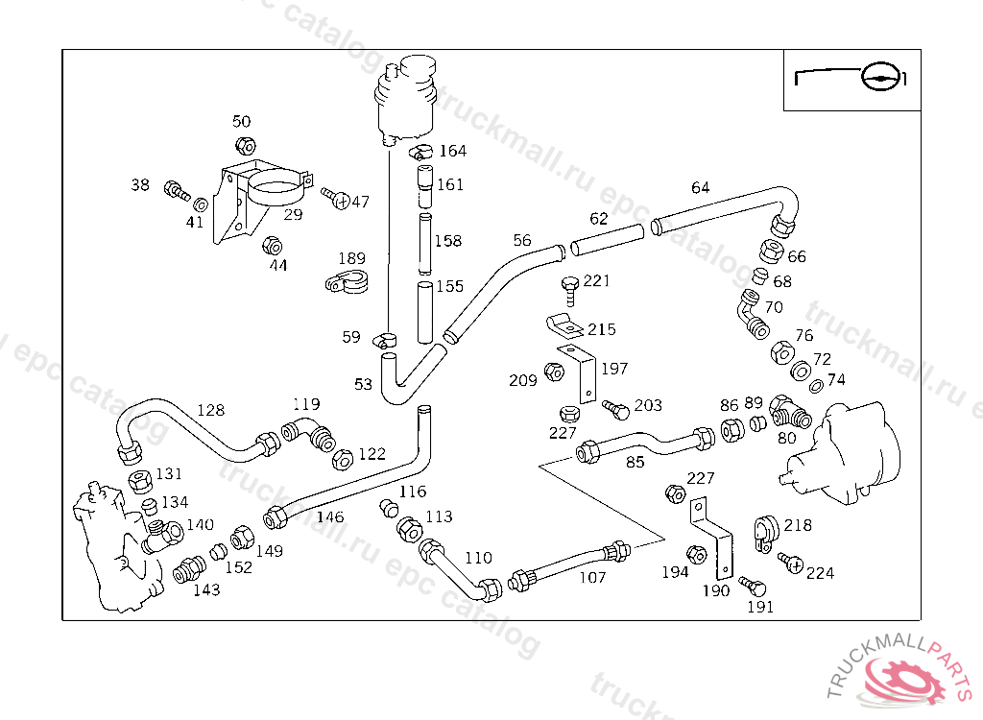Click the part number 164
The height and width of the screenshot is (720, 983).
click(x=452, y=151)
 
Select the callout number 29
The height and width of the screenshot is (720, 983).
click(x=293, y=214)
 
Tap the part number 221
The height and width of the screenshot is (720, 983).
click(x=597, y=281)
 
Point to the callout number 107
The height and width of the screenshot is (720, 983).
click(x=592, y=578)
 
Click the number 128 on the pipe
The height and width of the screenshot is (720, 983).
click(x=210, y=410)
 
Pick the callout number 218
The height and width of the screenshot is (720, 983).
click(x=798, y=525)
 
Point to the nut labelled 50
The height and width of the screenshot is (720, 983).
click(x=245, y=145)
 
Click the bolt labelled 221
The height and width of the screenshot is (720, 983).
click(x=568, y=286)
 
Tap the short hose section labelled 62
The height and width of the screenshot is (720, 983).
click(x=607, y=239)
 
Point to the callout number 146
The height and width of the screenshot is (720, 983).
click(x=329, y=517)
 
